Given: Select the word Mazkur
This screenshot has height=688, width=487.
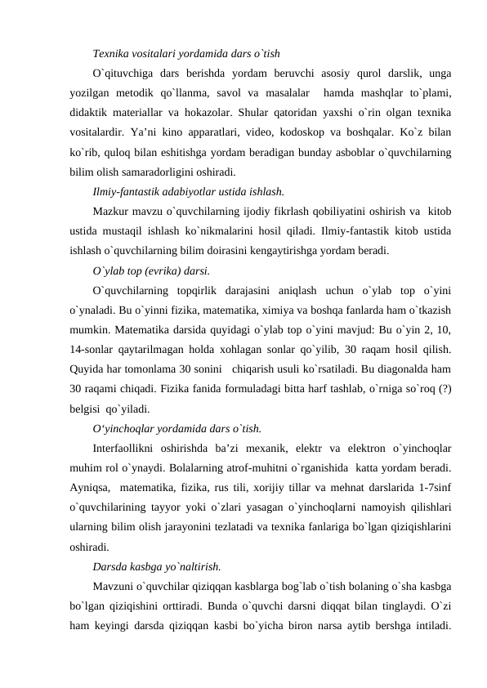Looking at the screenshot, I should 111,212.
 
